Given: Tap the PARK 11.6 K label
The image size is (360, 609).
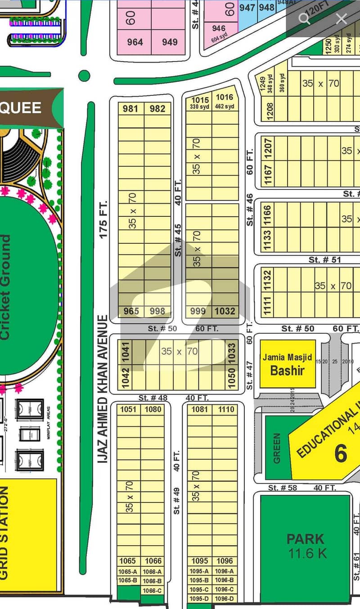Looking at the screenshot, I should point(306,545).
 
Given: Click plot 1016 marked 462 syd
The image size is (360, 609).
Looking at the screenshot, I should point(225,101).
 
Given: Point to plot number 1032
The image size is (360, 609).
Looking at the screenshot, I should point(225,311).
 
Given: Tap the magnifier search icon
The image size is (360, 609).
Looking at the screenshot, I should point(305,18).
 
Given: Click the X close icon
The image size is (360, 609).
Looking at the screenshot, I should point(342,18).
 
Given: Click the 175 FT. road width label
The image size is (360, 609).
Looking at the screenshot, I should point(103,219).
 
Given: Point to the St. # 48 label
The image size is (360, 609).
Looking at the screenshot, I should point(153,398).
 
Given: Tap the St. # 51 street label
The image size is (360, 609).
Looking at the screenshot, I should point(324,260).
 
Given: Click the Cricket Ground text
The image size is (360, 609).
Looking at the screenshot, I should point(5,288).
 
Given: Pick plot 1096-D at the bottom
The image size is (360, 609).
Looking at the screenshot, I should point(225,599).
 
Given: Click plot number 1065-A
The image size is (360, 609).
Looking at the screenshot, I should point(128,571).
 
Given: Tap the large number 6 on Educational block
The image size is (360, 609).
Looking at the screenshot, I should point(340,453).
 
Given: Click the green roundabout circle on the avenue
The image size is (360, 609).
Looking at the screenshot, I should point(84,76).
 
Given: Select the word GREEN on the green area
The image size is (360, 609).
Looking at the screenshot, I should point(276,448).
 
